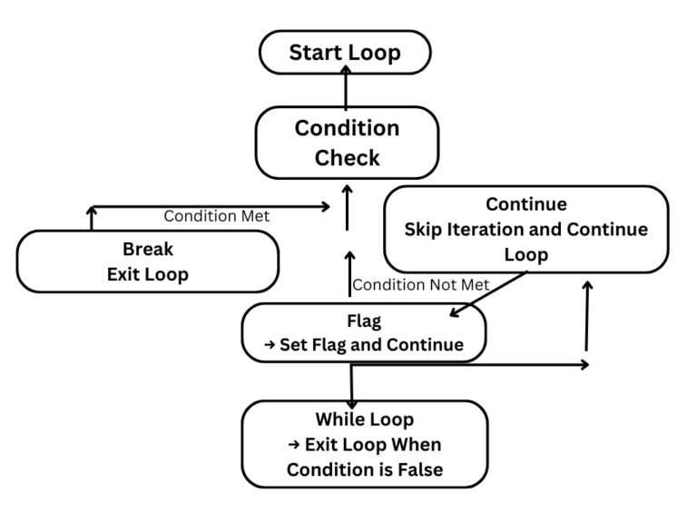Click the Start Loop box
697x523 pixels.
click(x=345, y=53)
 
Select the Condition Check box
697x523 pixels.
click(x=347, y=143)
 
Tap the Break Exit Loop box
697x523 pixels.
click(x=147, y=261)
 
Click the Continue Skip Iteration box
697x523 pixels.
click(x=526, y=229)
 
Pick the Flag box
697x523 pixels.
click(x=364, y=332)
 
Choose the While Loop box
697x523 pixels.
click(x=364, y=444)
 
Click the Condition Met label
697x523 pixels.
click(x=216, y=216)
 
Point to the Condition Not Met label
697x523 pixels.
click(x=420, y=284)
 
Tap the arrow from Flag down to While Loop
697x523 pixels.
click(x=351, y=383)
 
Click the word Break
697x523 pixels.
click(x=147, y=249)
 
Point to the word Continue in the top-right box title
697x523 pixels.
click(x=526, y=203)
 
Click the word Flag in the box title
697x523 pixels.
click(x=364, y=321)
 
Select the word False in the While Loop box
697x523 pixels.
click(x=418, y=469)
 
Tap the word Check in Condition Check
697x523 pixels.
click(x=347, y=158)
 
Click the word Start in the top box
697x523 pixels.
click(x=314, y=53)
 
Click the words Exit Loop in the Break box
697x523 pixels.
click(x=147, y=274)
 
